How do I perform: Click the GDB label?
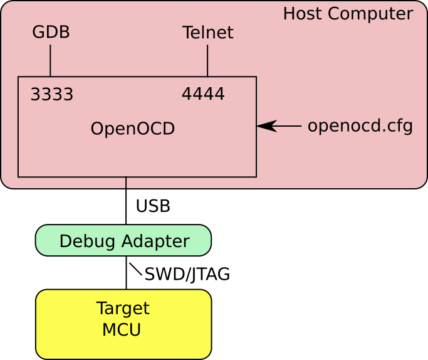pos(51,33)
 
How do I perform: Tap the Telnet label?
pos(207,33)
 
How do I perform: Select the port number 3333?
pos(51,95)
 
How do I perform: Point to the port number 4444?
pos(202,94)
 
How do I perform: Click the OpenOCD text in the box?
pos(132,129)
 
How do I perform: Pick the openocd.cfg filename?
pos(360,126)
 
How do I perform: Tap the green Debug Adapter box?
pos(123,241)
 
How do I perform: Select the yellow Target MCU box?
pos(123,324)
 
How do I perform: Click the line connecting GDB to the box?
pos(50,60)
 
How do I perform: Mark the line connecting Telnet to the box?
pos(207,60)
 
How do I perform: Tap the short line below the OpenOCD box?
pos(126,183)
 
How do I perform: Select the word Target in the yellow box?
pos(123,309)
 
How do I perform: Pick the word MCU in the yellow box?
pos(122,330)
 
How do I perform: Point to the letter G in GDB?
pos(38,33)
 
